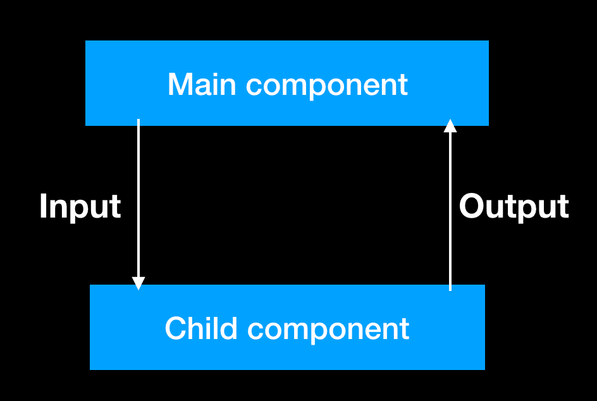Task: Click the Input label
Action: (x=80, y=207)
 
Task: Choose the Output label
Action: (x=514, y=207)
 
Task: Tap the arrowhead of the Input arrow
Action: (x=138, y=283)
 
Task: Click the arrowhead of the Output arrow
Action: (x=450, y=126)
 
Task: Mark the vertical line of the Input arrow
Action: (x=138, y=202)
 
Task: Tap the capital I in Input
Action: (x=43, y=206)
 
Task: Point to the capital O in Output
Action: (x=472, y=206)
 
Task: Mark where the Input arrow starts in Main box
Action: (x=138, y=121)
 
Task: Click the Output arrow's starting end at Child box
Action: (x=450, y=288)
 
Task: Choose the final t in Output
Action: (x=562, y=207)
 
